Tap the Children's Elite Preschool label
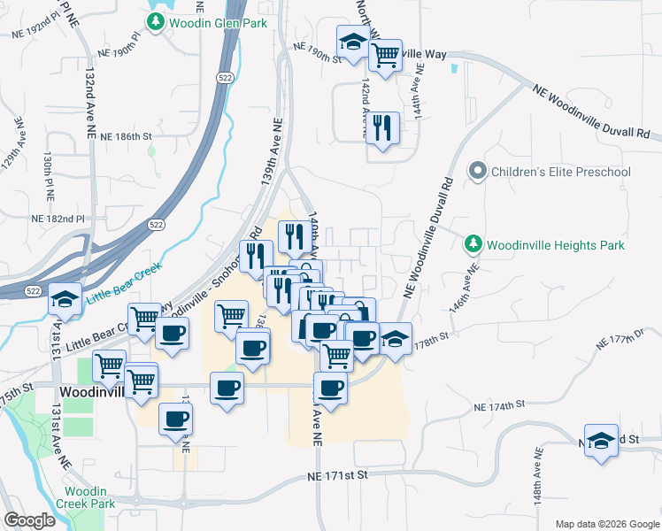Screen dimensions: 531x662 tap(560, 172)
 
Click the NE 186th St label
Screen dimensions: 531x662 tap(127, 137)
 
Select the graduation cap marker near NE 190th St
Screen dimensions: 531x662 tap(353, 42)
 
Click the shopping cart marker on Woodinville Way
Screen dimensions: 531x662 tap(385, 56)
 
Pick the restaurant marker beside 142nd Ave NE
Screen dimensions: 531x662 tap(382, 128)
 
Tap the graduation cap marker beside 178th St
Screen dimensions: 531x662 tap(395, 339)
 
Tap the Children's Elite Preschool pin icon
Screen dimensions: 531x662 tap(478, 172)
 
